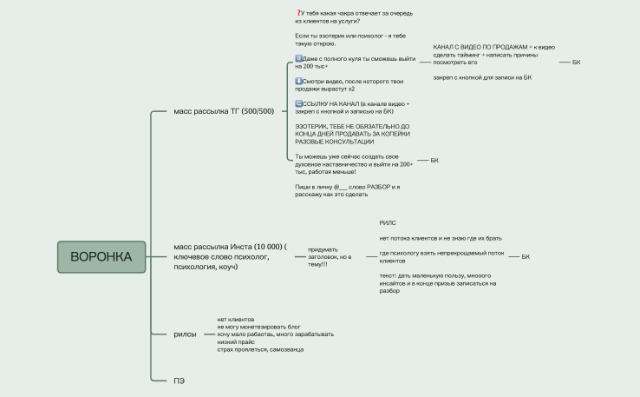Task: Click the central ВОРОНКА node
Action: click(101, 257)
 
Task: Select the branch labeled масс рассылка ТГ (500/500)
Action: click(224, 111)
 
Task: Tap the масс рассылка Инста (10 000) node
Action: click(230, 257)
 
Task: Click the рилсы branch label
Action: click(185, 334)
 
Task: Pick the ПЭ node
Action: click(179, 380)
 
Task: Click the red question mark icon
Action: click(298, 14)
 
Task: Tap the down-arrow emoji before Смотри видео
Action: click(298, 82)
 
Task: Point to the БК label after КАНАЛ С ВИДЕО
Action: click(576, 63)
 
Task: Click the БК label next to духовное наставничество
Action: click(434, 160)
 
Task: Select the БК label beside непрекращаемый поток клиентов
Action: click(526, 257)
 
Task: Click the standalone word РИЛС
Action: click(388, 223)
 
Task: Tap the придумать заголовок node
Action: click(330, 257)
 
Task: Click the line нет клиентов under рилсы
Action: click(236, 320)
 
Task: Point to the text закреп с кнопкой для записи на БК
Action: click(482, 77)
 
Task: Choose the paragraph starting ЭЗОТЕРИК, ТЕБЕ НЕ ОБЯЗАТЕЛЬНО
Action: click(352, 134)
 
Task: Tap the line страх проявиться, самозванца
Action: click(260, 349)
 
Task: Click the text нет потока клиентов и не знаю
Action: click(441, 238)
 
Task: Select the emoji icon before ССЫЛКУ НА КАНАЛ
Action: click(298, 104)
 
